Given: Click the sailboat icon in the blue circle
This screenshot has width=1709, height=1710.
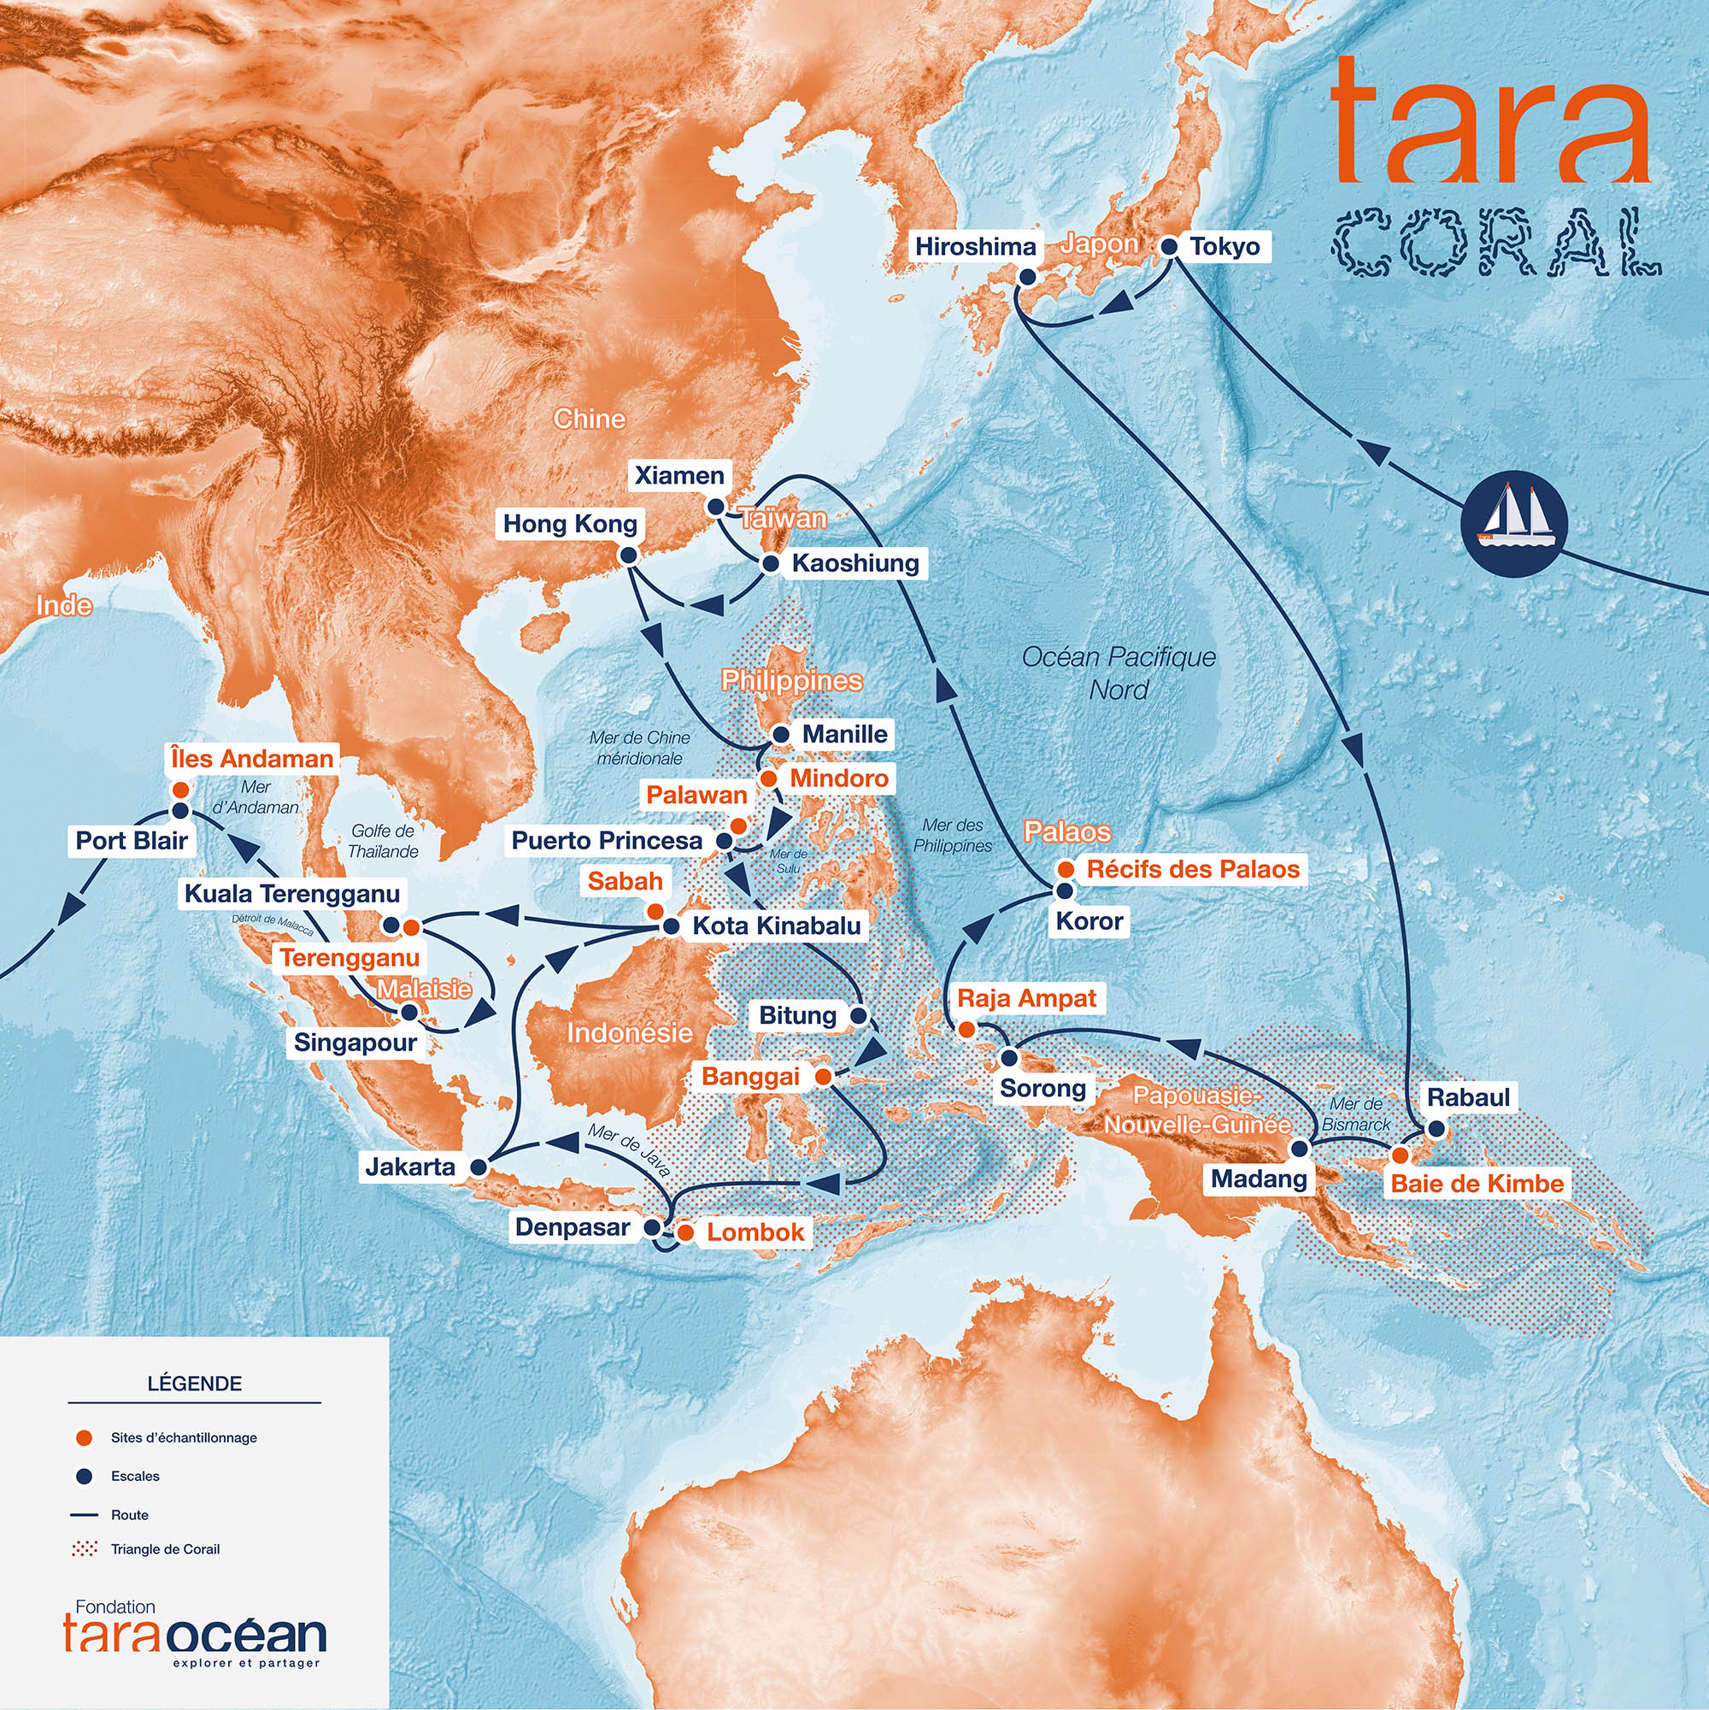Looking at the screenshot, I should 1513,524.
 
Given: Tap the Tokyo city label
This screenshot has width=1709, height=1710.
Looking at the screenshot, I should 1224,246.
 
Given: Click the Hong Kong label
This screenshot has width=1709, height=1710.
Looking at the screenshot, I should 570,524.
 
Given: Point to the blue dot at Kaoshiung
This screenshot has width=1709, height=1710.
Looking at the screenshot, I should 770,563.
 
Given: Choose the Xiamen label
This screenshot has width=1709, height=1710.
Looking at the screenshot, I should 678,475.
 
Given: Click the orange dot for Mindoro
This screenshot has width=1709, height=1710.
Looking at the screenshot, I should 769,779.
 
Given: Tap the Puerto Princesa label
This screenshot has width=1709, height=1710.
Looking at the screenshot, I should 608,840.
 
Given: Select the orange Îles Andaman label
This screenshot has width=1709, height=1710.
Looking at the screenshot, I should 252,759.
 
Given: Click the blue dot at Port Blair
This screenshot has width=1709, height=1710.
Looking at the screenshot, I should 180,811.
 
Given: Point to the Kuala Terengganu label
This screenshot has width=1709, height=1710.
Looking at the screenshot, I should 292,894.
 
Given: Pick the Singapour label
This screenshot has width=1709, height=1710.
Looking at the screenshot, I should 355,1043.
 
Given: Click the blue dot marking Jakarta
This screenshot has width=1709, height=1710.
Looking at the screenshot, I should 478,1167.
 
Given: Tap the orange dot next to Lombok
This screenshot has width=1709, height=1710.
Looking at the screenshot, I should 685,1232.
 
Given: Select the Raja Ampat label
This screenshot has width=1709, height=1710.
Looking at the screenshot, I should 1026,998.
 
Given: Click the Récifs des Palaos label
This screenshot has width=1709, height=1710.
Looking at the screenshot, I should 1193,869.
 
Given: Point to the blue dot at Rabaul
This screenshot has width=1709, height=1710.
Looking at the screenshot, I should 1436,1129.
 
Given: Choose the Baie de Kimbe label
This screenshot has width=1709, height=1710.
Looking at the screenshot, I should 1477,1184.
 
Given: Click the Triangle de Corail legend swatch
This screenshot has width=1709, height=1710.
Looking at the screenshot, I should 85,1548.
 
